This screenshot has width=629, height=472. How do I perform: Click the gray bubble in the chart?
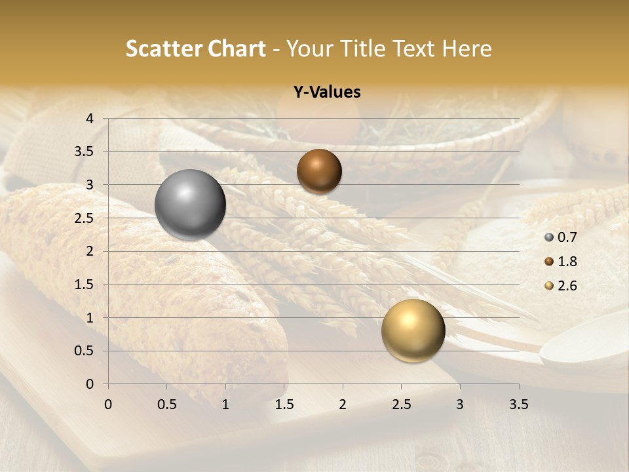tap(190, 205)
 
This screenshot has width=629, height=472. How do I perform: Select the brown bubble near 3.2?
tap(319, 171)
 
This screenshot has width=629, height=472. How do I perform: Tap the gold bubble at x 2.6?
tap(413, 330)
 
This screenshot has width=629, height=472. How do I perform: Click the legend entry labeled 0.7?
tap(566, 237)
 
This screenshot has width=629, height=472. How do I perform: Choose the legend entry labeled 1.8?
tap(566, 262)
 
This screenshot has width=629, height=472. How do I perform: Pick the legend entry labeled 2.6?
tap(566, 286)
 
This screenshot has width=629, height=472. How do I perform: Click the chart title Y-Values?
tap(327, 92)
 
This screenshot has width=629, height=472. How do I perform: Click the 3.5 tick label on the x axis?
tap(519, 404)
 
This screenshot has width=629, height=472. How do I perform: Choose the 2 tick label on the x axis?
tap(343, 404)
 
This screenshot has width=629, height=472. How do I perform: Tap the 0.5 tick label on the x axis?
tap(167, 404)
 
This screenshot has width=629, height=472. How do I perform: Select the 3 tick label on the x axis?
tap(460, 404)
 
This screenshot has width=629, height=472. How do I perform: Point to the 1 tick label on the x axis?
tap(225, 404)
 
